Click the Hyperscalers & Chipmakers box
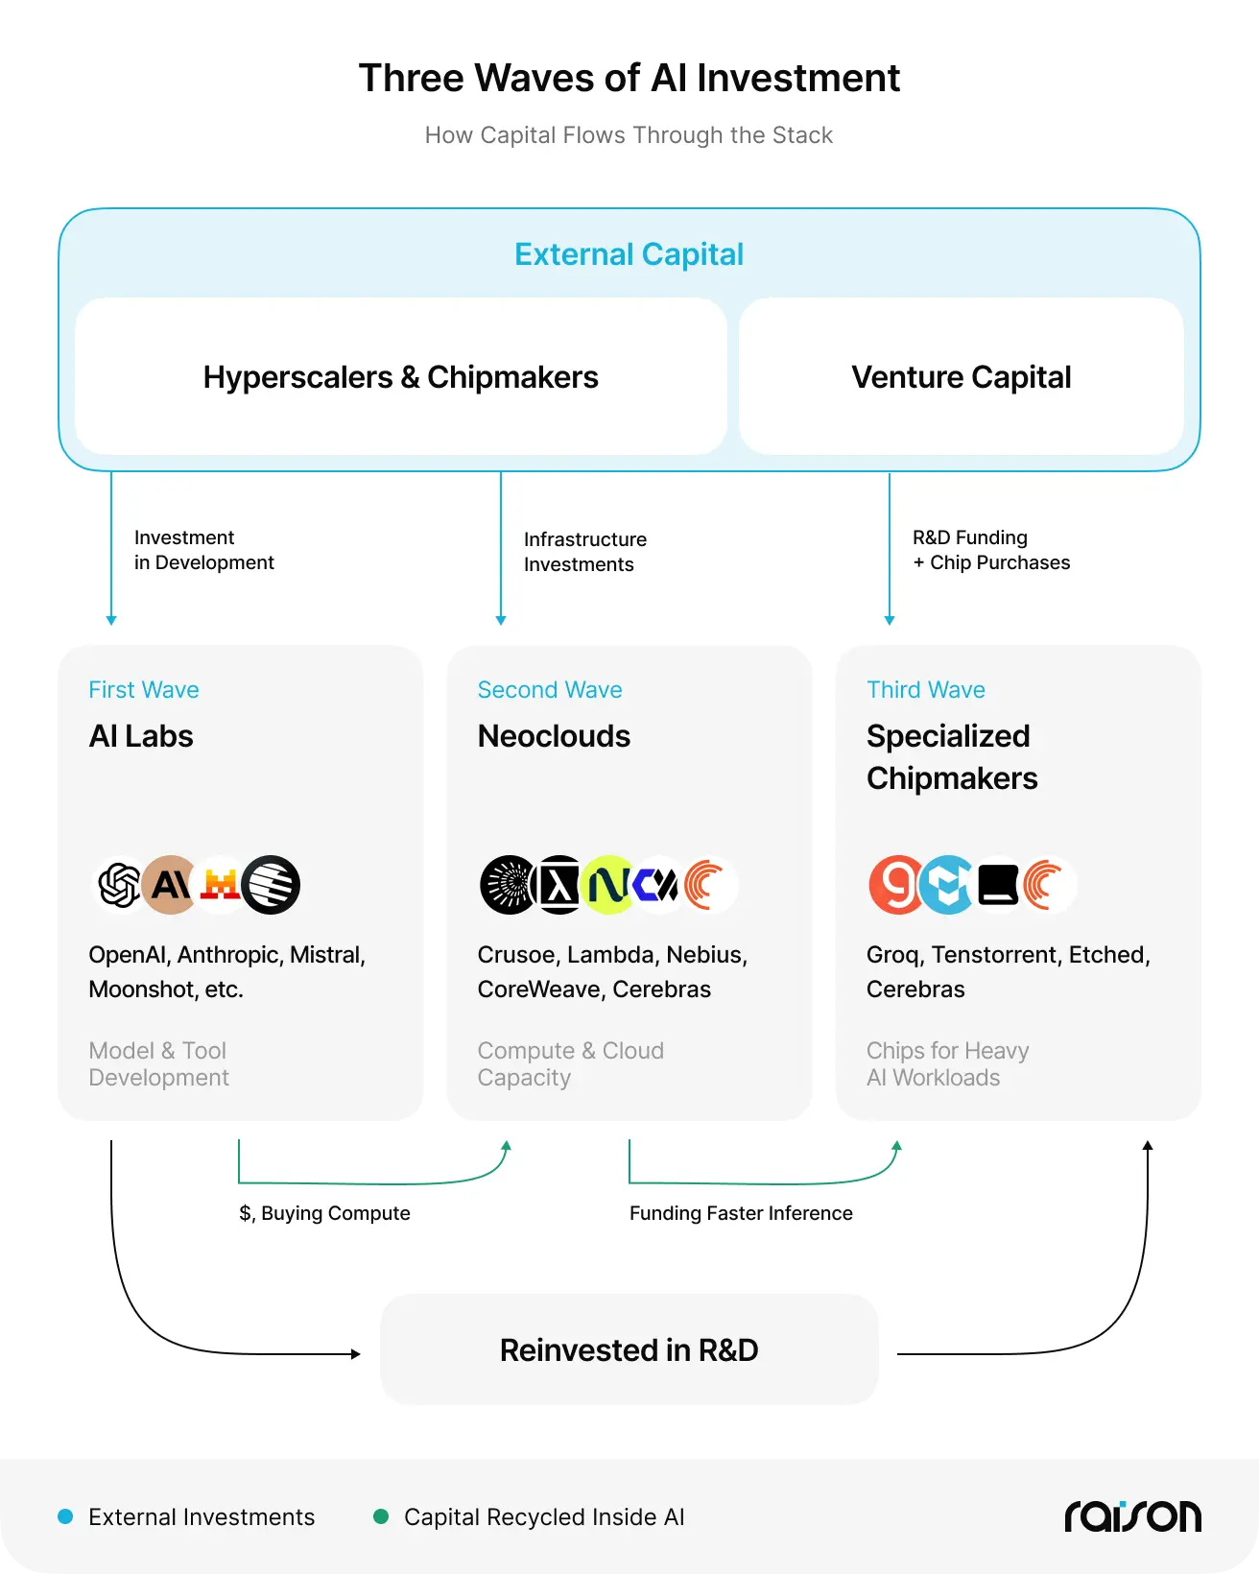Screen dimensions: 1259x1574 [x=401, y=376]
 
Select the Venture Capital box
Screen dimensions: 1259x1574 [x=962, y=376]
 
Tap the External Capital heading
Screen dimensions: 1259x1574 [x=629, y=254]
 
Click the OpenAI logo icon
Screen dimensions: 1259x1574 [x=120, y=884]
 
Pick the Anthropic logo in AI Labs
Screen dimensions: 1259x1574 [x=170, y=884]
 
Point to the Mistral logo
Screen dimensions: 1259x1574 [x=220, y=884]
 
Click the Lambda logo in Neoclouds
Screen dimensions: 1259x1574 [x=558, y=885]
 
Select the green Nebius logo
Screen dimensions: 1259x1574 [x=608, y=885]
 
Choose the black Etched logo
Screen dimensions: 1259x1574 [x=998, y=885]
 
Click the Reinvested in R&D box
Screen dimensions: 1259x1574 [x=629, y=1349]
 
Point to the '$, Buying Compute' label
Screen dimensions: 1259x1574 [x=324, y=1213]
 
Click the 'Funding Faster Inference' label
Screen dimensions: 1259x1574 [x=741, y=1213]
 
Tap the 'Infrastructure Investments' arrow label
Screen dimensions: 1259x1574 [x=585, y=552]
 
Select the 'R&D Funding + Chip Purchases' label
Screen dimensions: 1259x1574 [x=991, y=550]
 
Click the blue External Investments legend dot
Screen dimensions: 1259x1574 [x=65, y=1516]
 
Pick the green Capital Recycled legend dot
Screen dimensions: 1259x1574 [x=380, y=1516]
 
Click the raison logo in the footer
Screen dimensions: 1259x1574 [x=1132, y=1515]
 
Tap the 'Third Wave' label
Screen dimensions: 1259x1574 [x=925, y=690]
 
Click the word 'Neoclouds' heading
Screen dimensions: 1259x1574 [x=554, y=736]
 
